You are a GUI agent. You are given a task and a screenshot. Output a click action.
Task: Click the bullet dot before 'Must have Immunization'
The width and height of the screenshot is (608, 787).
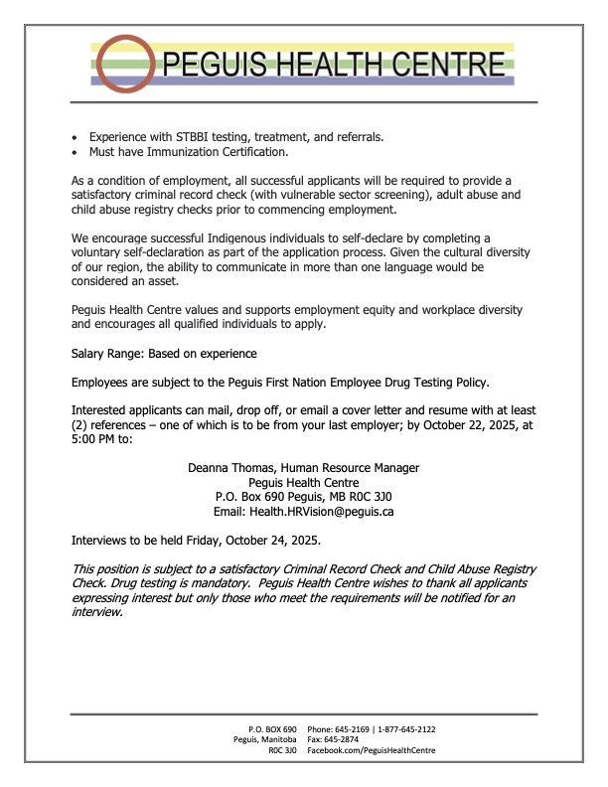pyautogui.click(x=76, y=152)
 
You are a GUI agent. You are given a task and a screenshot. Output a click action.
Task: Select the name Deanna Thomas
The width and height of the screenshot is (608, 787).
pyautogui.click(x=228, y=467)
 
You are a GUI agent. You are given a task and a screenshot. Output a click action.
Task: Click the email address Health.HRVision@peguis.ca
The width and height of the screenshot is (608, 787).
pyautogui.click(x=329, y=511)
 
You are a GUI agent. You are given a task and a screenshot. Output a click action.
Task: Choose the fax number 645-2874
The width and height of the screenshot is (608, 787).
pyautogui.click(x=352, y=740)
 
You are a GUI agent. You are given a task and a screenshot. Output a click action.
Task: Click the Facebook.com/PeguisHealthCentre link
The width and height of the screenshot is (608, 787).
pyautogui.click(x=372, y=751)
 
